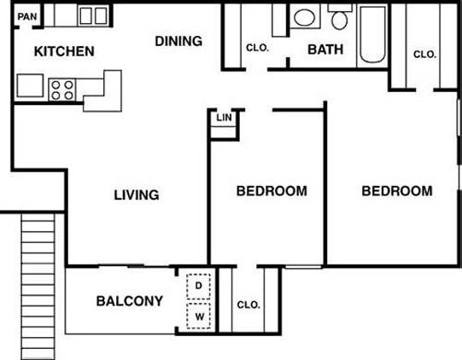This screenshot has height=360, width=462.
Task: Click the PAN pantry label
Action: point(27,16)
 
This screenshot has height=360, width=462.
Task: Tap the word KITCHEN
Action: point(64,51)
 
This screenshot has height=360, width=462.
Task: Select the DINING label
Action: point(178,41)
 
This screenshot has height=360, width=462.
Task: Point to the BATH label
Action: point(325,49)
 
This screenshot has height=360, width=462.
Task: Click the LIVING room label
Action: point(137,195)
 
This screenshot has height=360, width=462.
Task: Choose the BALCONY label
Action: point(129,301)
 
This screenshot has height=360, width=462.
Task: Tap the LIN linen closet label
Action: point(224,118)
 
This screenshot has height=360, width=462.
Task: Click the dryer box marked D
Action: point(199,285)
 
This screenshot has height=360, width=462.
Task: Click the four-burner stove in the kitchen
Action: point(63,88)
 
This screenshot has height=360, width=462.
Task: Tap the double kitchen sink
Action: point(93,15)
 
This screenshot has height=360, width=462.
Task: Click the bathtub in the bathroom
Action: point(372,35)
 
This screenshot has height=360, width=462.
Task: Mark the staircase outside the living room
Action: point(39,285)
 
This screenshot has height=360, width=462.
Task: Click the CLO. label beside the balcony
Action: point(248,305)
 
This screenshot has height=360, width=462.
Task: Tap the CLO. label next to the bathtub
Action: point(424,54)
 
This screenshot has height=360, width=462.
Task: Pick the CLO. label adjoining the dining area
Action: point(257,48)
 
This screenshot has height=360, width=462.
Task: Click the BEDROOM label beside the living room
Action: point(271,191)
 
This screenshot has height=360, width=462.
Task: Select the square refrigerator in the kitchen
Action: point(30,85)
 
